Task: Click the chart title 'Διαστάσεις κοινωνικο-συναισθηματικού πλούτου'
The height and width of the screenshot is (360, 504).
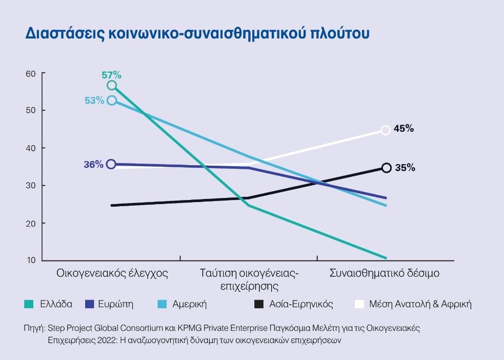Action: [197, 33]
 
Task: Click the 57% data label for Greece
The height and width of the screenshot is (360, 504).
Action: [111, 75]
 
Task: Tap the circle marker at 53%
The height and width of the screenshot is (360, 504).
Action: [111, 100]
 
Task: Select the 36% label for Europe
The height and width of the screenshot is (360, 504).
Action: [94, 165]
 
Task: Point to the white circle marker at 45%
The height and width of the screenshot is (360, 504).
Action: [386, 130]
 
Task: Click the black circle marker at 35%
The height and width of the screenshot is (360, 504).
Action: [386, 168]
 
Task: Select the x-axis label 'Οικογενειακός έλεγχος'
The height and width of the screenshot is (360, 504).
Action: [112, 273]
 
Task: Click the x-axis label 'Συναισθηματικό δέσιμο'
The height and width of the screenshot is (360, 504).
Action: [384, 273]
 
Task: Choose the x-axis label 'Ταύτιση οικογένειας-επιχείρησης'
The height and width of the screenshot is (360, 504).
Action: [249, 279]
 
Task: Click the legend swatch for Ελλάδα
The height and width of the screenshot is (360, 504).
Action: [29, 304]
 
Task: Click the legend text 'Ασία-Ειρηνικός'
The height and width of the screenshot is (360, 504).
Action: [301, 304]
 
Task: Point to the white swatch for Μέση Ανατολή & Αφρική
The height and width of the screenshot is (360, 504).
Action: [359, 304]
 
